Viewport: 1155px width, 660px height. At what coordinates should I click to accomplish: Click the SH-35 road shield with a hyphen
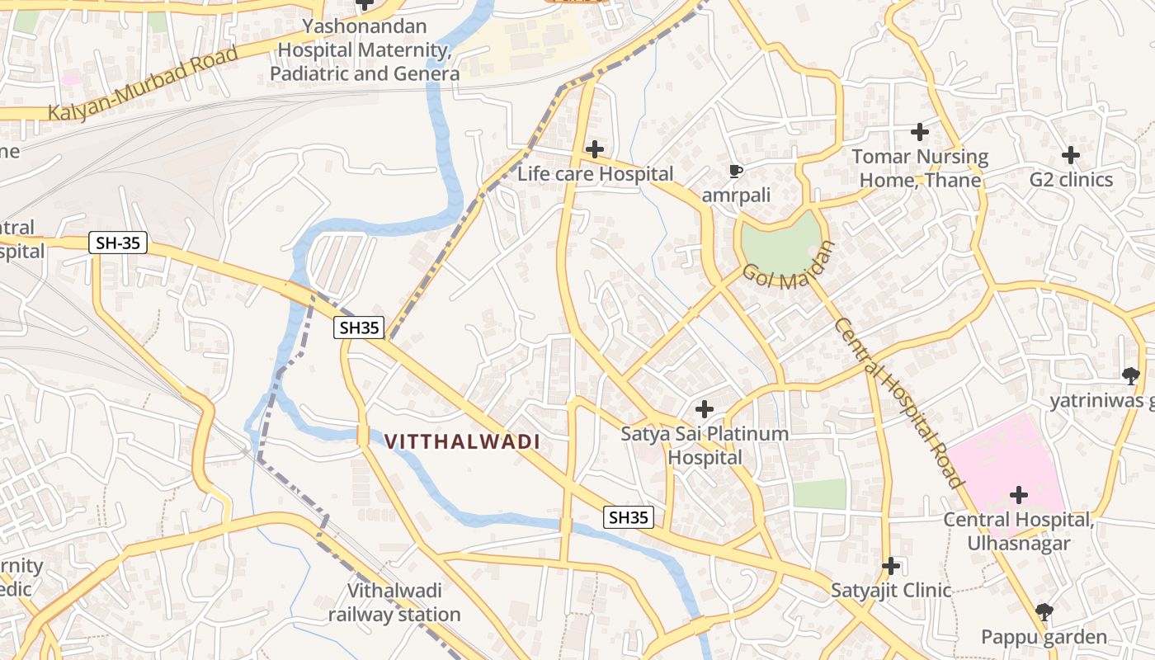click(118, 243)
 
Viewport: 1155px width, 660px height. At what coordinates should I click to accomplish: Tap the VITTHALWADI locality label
click(462, 441)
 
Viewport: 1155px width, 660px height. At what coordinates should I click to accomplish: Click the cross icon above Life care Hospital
click(594, 149)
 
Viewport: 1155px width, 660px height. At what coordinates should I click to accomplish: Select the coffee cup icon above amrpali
click(736, 172)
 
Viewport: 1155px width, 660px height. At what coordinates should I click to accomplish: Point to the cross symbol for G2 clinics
click(1070, 154)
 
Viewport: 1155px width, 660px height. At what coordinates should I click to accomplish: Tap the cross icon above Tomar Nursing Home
click(919, 131)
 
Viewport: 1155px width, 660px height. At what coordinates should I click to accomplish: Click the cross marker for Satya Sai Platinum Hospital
click(704, 408)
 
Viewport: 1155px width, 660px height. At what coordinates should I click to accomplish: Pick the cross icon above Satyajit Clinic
click(890, 566)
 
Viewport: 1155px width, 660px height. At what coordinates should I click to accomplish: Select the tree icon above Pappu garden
click(1044, 612)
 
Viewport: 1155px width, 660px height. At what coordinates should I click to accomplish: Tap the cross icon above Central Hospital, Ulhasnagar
click(1019, 495)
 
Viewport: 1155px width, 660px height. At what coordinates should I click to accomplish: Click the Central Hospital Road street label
click(898, 402)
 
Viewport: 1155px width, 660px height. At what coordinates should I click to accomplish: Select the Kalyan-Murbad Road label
click(143, 82)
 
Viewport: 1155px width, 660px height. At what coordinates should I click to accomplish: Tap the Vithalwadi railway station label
click(394, 602)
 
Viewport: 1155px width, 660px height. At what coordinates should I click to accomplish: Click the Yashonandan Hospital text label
click(364, 49)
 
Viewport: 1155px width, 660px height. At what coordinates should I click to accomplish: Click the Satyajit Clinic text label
click(891, 591)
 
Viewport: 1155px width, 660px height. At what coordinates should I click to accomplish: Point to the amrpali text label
click(736, 196)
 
